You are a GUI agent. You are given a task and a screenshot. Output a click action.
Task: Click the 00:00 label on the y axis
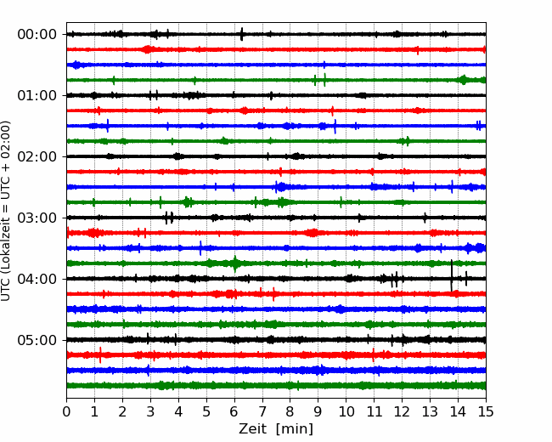[37, 35]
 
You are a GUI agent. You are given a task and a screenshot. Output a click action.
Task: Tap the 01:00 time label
[37, 95]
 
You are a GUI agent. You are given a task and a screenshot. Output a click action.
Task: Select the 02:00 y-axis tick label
[37, 156]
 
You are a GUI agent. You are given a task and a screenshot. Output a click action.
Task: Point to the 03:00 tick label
[37, 218]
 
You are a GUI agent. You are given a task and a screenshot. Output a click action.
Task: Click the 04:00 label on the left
[37, 279]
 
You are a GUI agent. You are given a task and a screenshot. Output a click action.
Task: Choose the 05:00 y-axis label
[37, 340]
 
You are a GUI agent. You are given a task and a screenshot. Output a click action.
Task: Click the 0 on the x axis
[66, 411]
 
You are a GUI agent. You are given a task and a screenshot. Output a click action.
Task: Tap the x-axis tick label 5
[206, 411]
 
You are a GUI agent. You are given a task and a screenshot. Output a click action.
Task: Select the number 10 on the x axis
[346, 411]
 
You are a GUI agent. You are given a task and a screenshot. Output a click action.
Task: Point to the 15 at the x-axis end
[486, 411]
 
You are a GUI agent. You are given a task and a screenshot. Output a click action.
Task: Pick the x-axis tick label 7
[262, 411]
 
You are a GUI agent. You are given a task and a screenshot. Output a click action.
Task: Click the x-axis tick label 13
[430, 411]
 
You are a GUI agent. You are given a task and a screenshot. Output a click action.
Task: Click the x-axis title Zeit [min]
[276, 429]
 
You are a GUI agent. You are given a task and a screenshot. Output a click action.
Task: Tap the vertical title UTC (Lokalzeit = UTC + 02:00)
[6, 211]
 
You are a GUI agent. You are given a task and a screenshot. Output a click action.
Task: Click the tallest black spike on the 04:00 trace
[452, 275]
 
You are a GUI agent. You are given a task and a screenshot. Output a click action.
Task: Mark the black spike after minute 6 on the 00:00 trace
[241, 34]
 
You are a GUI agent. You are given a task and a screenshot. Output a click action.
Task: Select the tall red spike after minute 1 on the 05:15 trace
[100, 355]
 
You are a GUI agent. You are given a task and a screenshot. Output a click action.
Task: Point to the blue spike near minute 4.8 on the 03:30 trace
[200, 248]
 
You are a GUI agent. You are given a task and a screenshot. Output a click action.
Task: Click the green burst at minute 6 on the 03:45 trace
[234, 263]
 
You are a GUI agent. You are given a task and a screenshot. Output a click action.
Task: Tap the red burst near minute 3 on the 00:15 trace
[148, 49]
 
